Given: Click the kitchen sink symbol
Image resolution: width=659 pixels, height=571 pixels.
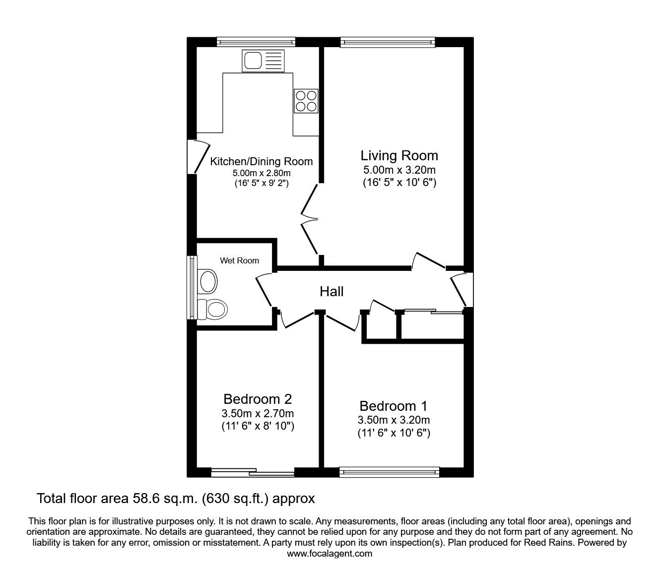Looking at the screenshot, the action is coord(263,61).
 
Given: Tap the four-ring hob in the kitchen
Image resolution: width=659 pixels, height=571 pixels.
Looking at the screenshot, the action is coord(306,101).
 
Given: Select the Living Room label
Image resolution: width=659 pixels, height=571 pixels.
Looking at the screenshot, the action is coord(399,156).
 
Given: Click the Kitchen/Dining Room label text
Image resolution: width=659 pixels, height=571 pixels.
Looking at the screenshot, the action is coord(261,161).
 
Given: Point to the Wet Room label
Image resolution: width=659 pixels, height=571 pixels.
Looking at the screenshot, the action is coord(240,260).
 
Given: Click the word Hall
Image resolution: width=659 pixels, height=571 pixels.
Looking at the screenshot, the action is coord(331,291).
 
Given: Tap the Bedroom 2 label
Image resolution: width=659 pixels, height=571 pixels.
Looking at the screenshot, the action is coord(258,399).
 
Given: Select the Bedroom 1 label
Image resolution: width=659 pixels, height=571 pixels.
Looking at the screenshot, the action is coord(394,406).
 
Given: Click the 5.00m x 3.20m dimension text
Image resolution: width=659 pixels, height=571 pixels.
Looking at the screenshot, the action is coord(399,170).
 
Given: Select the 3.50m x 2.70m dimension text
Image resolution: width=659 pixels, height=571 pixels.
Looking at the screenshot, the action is coord(258,414).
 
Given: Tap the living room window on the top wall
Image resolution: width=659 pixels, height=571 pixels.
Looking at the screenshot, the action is coord(388,42).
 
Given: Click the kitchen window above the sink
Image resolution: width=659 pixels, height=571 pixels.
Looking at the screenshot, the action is coord(256,42).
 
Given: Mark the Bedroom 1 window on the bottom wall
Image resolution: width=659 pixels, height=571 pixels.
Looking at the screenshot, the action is coord(389,472).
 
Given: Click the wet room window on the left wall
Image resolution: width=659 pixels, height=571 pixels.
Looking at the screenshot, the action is coord(192,287).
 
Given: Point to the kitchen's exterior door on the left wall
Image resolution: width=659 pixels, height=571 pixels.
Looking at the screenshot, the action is coord(198,157).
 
